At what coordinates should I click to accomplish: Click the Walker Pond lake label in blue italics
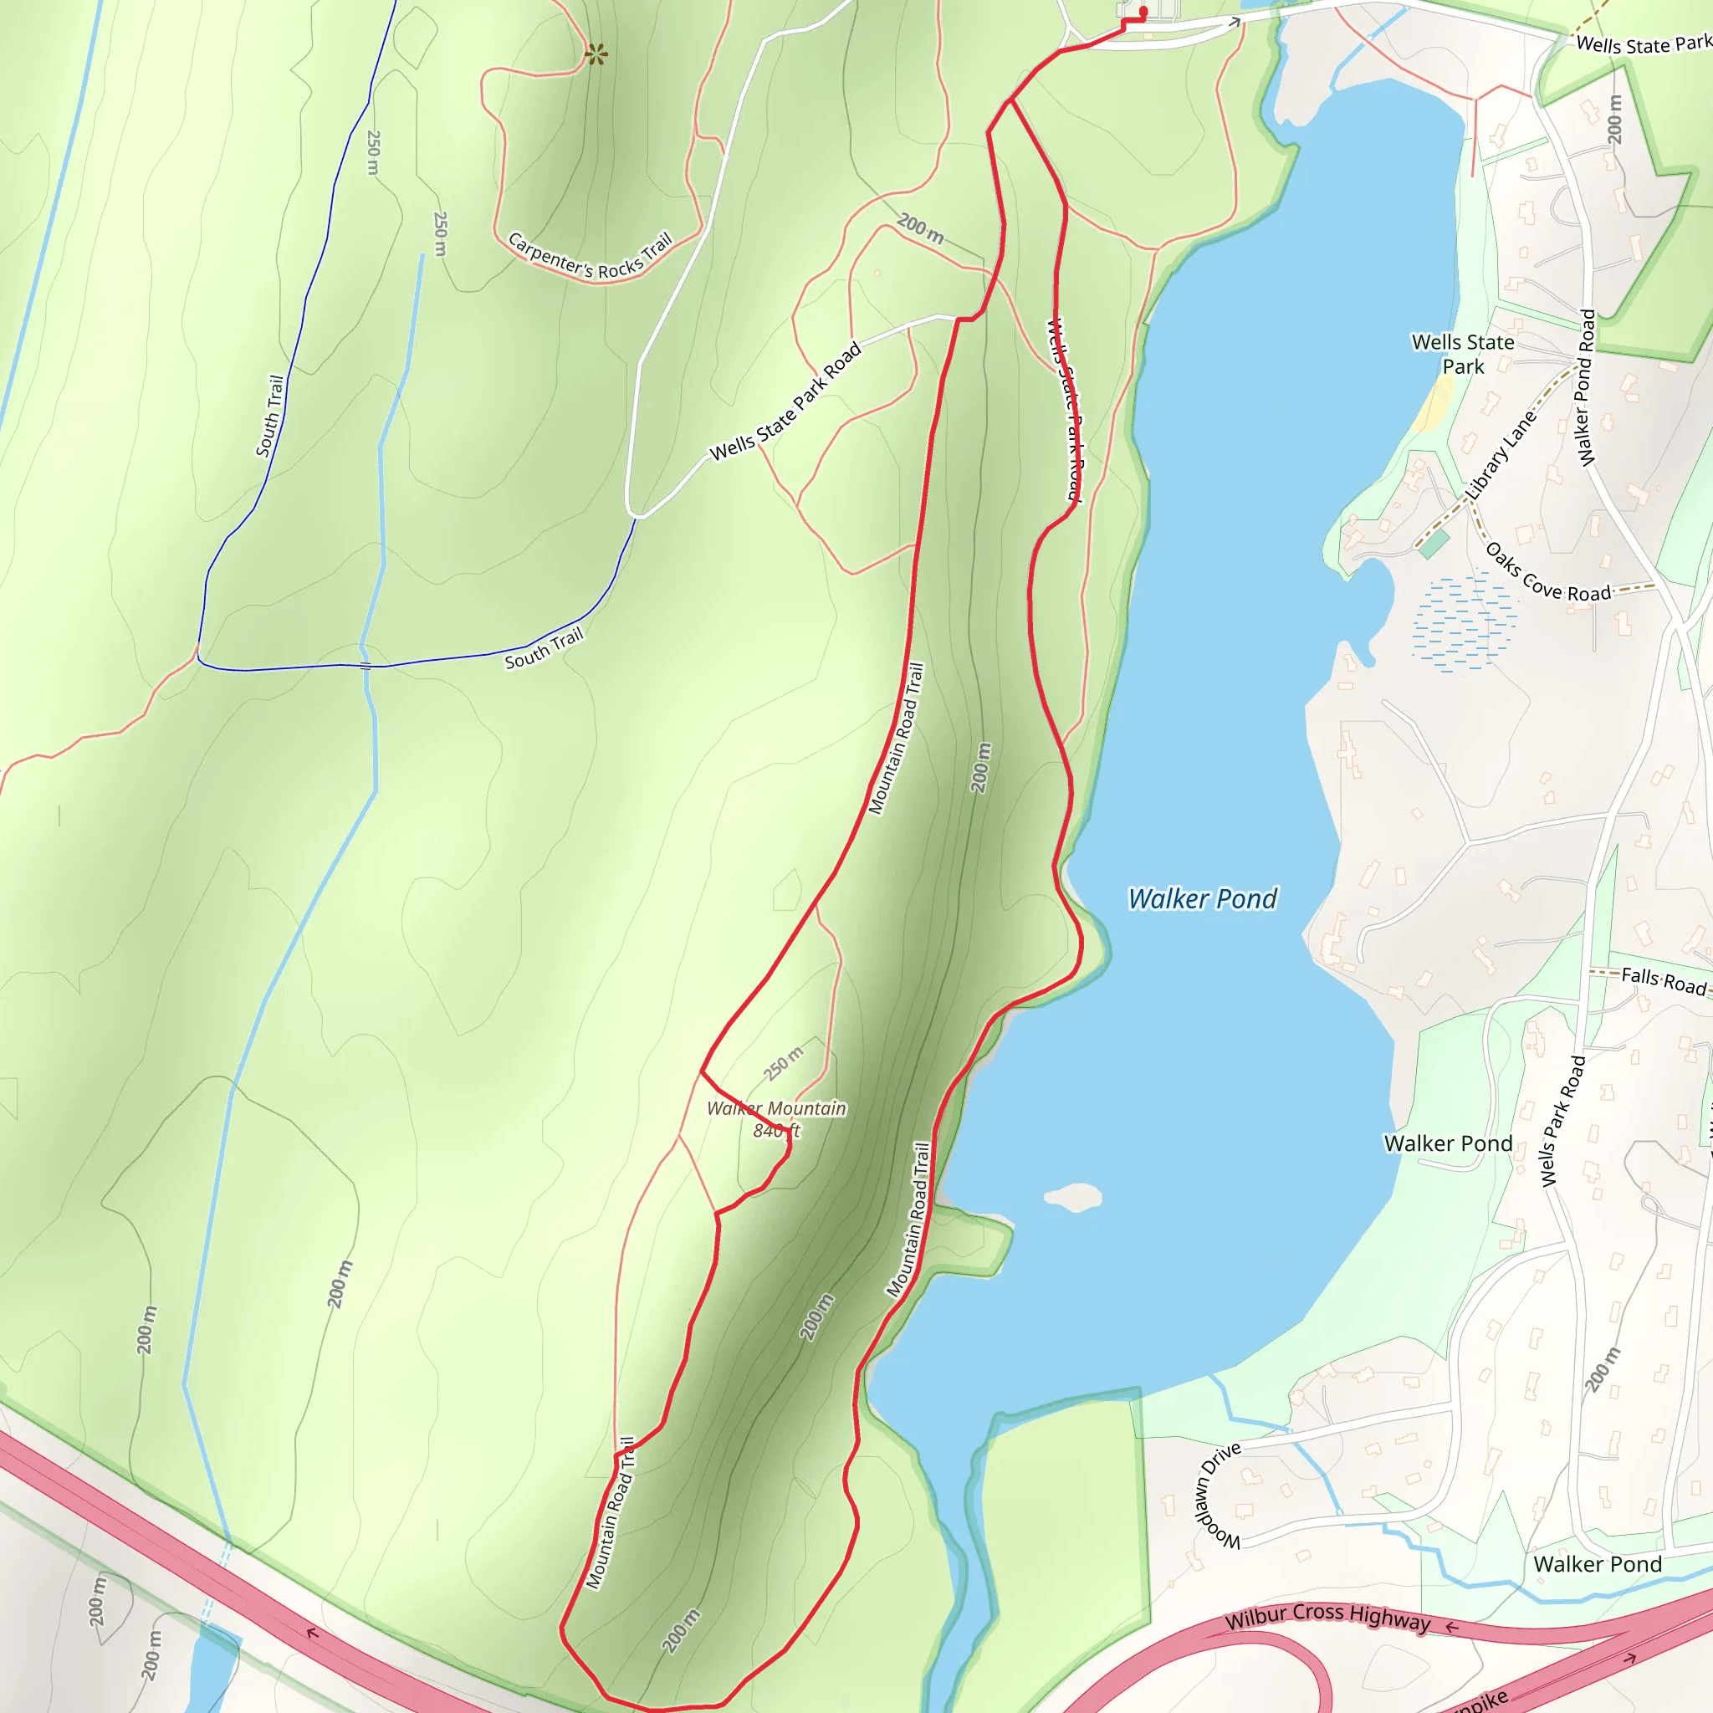pyautogui.click(x=1201, y=899)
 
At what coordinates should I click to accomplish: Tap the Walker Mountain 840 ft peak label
pyautogui.click(x=776, y=1119)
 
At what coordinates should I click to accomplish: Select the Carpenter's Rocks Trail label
pyautogui.click(x=590, y=256)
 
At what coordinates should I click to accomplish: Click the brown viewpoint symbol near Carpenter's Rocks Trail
pyautogui.click(x=596, y=55)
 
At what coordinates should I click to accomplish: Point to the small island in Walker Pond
pyautogui.click(x=1073, y=1197)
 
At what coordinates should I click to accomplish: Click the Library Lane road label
pyautogui.click(x=1501, y=456)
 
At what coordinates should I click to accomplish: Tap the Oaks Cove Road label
pyautogui.click(x=1547, y=575)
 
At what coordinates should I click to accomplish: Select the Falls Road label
pyautogui.click(x=1663, y=980)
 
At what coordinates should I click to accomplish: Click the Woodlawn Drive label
pyautogui.click(x=1217, y=1496)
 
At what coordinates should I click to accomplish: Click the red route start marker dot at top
pyautogui.click(x=1143, y=12)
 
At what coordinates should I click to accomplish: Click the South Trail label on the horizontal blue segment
pyautogui.click(x=544, y=648)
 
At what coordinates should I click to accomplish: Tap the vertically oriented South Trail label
pyautogui.click(x=269, y=416)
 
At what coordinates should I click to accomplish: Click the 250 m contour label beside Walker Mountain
pyautogui.click(x=784, y=1062)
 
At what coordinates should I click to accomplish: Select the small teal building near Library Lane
pyautogui.click(x=1434, y=544)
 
